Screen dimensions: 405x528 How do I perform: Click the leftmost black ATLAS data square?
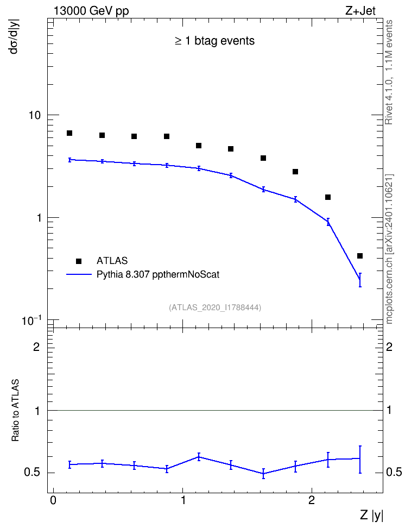tap(69, 133)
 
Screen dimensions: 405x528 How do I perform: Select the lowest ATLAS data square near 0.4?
tap(360, 256)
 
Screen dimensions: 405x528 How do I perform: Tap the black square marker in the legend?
tap(79, 261)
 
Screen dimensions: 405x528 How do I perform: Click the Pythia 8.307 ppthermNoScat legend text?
tap(158, 274)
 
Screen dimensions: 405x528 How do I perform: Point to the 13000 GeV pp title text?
tap(91, 11)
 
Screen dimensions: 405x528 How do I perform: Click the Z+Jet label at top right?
tap(360, 11)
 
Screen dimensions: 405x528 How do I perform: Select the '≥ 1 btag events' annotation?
tap(215, 41)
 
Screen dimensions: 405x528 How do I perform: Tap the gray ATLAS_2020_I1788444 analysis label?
tap(215, 307)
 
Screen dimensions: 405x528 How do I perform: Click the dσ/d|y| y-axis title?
tap(14, 36)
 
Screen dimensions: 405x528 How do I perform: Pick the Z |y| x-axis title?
tap(371, 515)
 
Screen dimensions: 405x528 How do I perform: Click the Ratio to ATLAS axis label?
tap(15, 411)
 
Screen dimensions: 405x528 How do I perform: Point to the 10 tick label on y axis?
tap(34, 115)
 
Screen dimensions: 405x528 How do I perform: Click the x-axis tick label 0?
tap(53, 500)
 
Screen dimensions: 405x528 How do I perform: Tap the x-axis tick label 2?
tap(312, 500)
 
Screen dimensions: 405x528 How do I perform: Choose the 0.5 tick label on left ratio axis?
tap(32, 473)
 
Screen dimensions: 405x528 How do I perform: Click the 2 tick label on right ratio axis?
tap(389, 347)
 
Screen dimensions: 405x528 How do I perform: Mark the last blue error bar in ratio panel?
tap(360, 460)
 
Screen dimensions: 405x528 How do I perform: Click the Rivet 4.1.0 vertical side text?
tap(389, 72)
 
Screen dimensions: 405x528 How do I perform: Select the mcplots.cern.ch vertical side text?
tap(389, 249)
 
